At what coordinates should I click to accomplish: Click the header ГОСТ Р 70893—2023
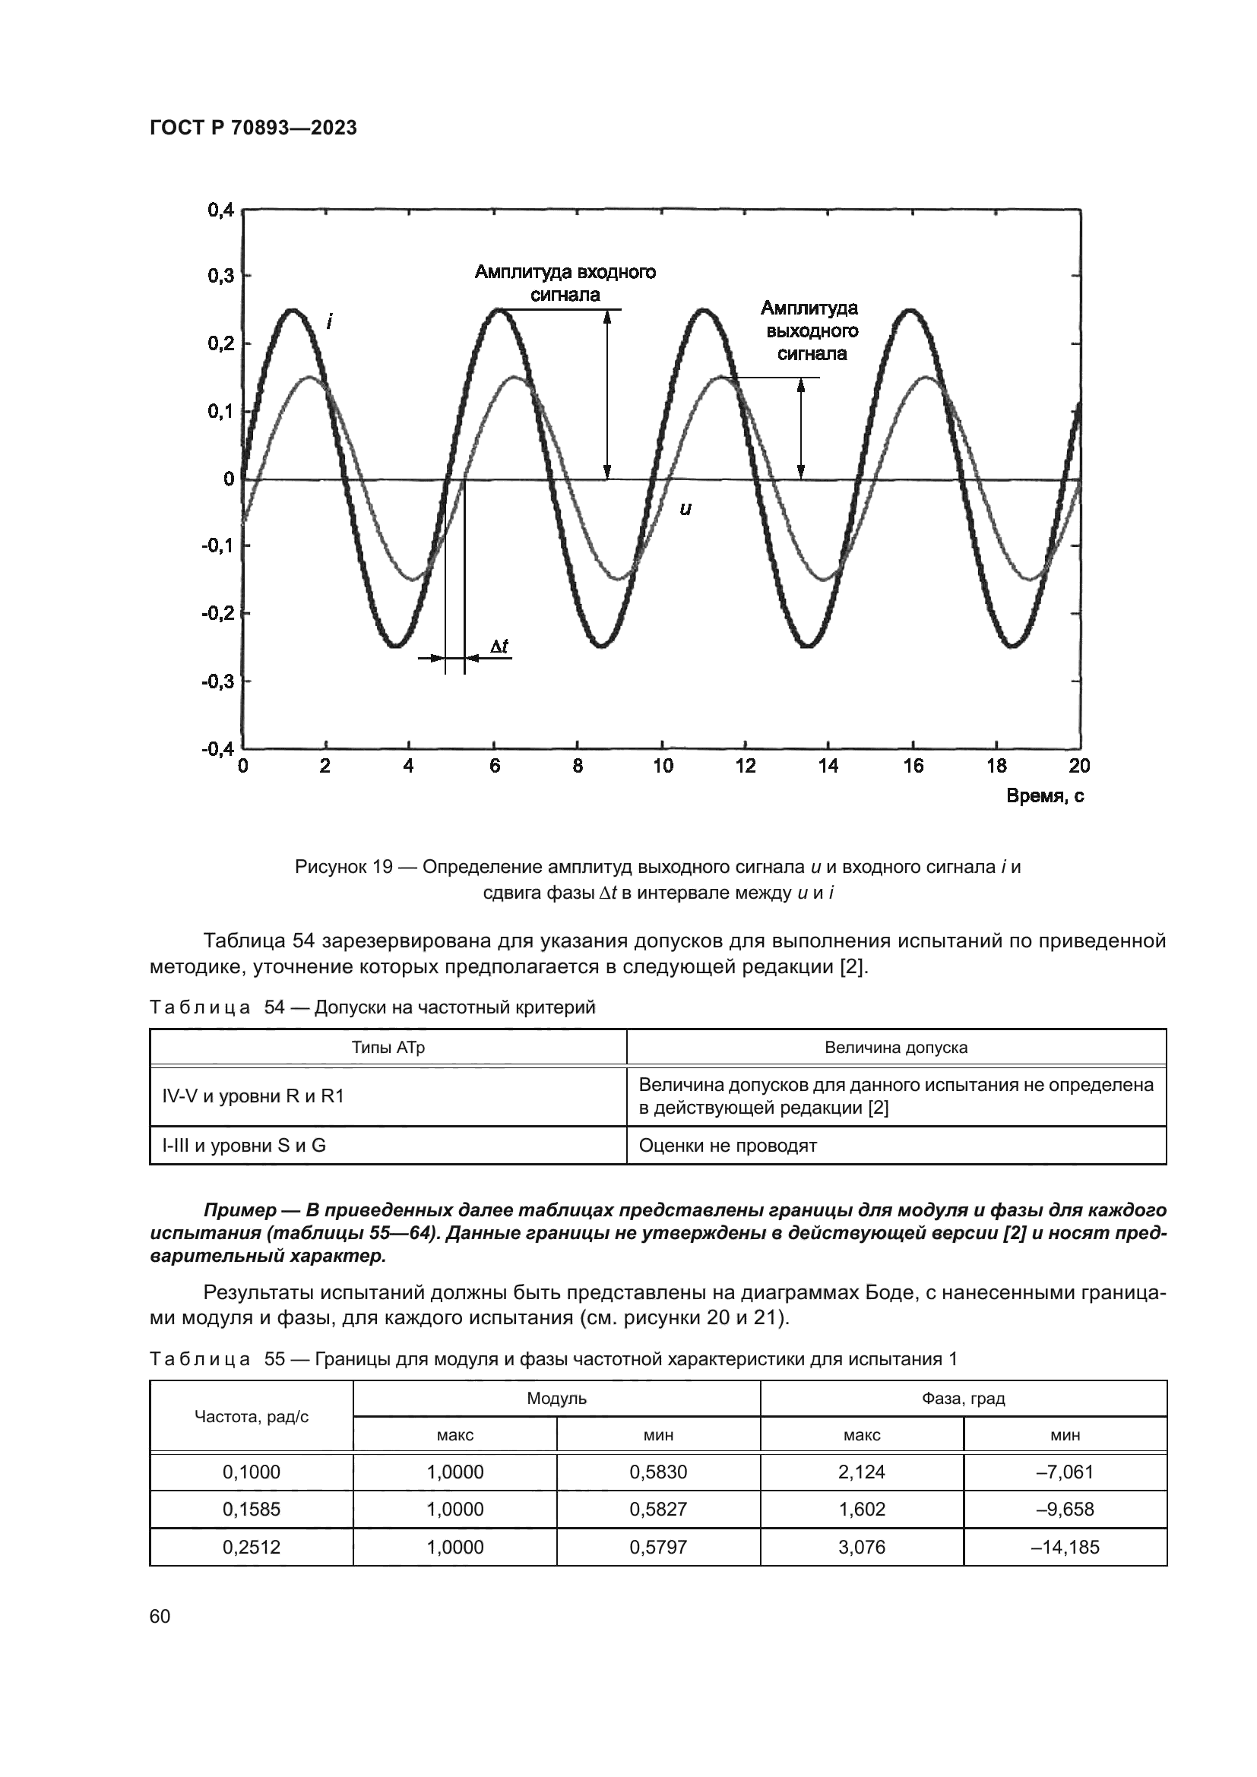pos(253,128)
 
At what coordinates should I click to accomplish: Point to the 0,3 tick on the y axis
pos(220,277)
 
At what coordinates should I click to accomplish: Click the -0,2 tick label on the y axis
pos(217,614)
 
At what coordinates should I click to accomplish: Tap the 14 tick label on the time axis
pos(828,767)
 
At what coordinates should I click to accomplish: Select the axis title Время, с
pos(1044,796)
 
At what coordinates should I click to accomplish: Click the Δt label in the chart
pos(499,647)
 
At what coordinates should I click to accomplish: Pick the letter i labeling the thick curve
pos(331,321)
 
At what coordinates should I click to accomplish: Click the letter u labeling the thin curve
pos(685,508)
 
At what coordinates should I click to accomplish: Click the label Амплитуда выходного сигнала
pos(810,331)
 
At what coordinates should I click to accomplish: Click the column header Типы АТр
pos(388,1048)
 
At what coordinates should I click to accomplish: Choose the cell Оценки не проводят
pos(727,1146)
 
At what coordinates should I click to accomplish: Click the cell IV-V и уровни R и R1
pos(253,1096)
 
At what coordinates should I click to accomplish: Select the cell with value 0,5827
pos(658,1510)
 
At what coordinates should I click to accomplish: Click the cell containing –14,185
pos(1065,1547)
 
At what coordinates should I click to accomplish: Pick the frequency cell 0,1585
pos(252,1510)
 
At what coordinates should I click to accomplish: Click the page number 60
pos(160,1617)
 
